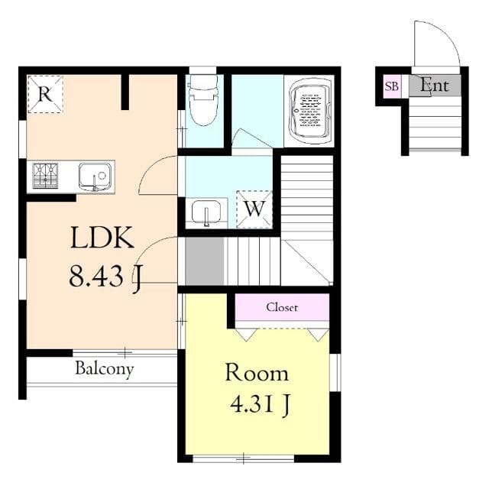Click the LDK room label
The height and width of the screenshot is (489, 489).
coord(102,238)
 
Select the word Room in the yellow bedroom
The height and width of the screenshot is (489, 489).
coord(257,372)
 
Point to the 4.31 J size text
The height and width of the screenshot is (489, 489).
coord(261,404)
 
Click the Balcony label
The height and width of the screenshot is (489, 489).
coord(105,369)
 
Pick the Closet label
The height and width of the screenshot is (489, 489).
coord(282,307)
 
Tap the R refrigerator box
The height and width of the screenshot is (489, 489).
coord(46,94)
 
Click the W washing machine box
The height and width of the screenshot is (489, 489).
coord(254,209)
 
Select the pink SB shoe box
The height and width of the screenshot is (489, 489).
coord(392,86)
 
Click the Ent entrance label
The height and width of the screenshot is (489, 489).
coord(435,85)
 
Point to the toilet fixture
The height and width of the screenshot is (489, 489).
coord(204,99)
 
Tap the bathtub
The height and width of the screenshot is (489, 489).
coord(309,110)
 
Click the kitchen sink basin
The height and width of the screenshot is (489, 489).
coord(95,176)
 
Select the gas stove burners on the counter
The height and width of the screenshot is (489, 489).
coord(45,176)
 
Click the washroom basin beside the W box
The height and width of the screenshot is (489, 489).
coord(206,212)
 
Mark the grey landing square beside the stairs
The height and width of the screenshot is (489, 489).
coord(205,261)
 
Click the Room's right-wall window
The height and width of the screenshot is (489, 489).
coord(335,372)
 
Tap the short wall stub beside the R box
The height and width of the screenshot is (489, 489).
coord(125,92)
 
